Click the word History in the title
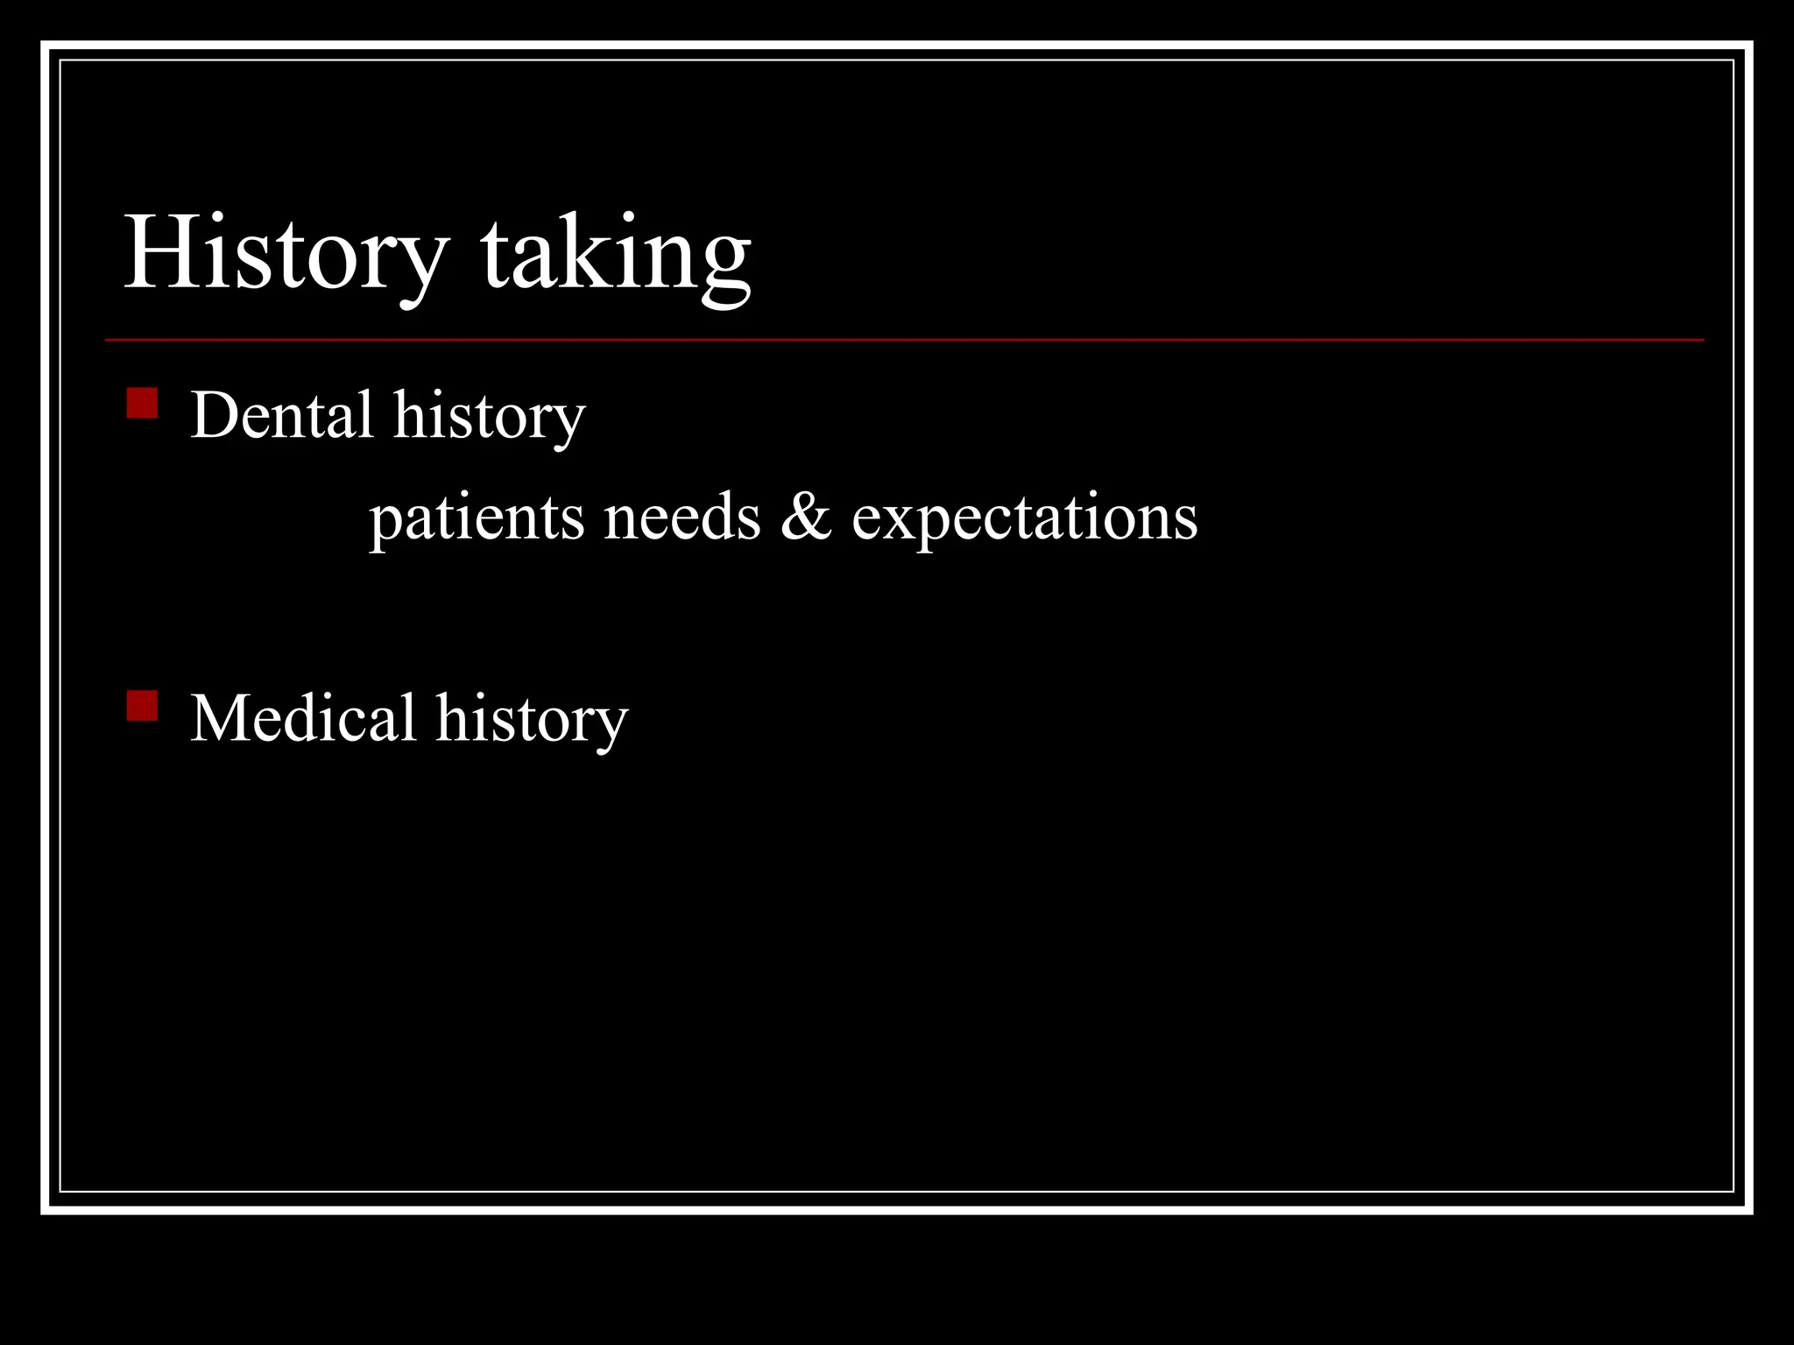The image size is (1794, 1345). (286, 254)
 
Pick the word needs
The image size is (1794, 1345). (682, 518)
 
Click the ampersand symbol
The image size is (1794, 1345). (805, 516)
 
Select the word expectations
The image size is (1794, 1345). (1024, 518)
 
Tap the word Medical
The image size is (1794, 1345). (303, 718)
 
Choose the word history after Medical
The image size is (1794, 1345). (532, 720)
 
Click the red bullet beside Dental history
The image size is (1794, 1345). (142, 404)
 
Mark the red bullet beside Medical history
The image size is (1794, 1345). (142, 706)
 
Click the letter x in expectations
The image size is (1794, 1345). (902, 519)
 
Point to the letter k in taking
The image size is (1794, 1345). (589, 252)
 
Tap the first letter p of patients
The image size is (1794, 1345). (384, 524)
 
